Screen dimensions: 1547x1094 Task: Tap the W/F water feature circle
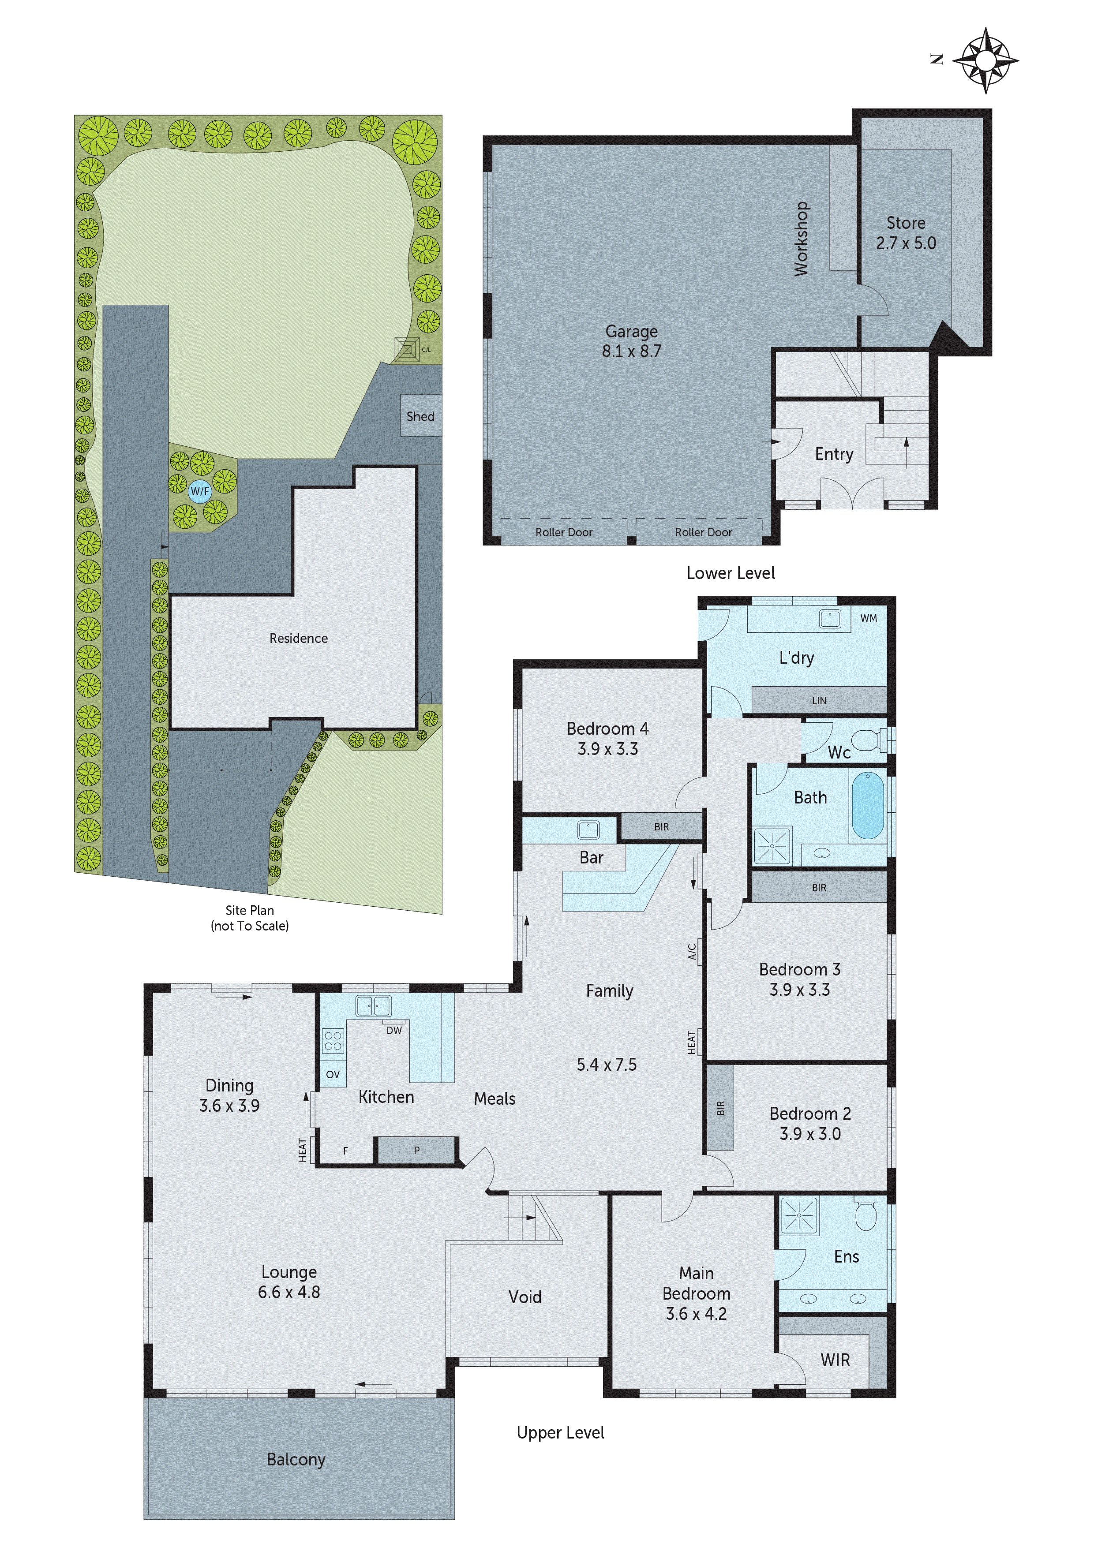pyautogui.click(x=199, y=491)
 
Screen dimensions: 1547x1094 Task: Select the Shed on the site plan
pyautogui.click(x=420, y=416)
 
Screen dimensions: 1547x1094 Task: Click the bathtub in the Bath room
pyautogui.click(x=868, y=806)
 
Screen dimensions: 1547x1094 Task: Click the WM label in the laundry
pyautogui.click(x=868, y=618)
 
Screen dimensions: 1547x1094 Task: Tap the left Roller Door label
pyautogui.click(x=563, y=532)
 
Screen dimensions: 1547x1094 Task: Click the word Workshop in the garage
pyautogui.click(x=800, y=239)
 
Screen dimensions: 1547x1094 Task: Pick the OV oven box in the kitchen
pyautogui.click(x=332, y=1074)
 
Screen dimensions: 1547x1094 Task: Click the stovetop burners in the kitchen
pyautogui.click(x=332, y=1040)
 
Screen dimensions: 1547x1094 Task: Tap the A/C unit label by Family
pyautogui.click(x=692, y=951)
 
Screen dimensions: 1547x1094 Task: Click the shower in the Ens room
pyautogui.click(x=799, y=1215)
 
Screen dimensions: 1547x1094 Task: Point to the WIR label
pyautogui.click(x=835, y=1360)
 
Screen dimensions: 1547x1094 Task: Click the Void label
pyautogui.click(x=525, y=1297)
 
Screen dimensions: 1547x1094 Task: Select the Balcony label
pyautogui.click(x=296, y=1459)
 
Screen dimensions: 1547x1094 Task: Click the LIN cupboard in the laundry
pyautogui.click(x=818, y=700)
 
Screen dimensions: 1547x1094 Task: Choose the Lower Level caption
pyautogui.click(x=730, y=573)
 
